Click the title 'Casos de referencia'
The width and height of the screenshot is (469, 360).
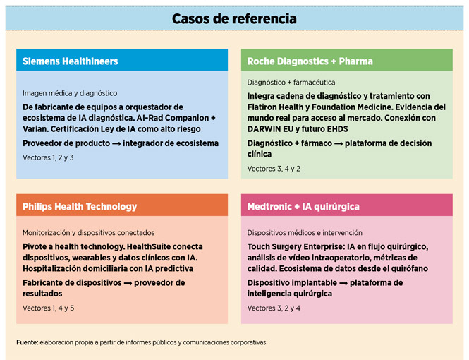tap(234, 18)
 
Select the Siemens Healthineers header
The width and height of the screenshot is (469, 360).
tap(70, 61)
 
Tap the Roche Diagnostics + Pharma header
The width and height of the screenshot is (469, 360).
tap(310, 61)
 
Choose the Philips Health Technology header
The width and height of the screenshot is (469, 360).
tap(80, 206)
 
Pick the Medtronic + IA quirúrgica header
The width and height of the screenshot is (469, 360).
tap(303, 206)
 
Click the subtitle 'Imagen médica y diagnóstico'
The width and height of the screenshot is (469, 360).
tap(70, 93)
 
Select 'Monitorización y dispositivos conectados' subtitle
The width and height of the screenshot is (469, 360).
tap(88, 232)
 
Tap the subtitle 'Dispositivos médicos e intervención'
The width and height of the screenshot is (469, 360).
tap(305, 232)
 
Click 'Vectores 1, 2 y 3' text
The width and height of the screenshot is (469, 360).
tap(48, 157)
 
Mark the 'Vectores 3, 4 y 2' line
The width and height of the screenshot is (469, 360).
tap(274, 169)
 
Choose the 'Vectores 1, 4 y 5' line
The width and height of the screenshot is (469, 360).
tap(48, 308)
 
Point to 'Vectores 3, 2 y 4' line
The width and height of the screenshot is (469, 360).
tap(274, 308)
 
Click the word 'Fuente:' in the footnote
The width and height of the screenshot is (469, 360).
tap(28, 343)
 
